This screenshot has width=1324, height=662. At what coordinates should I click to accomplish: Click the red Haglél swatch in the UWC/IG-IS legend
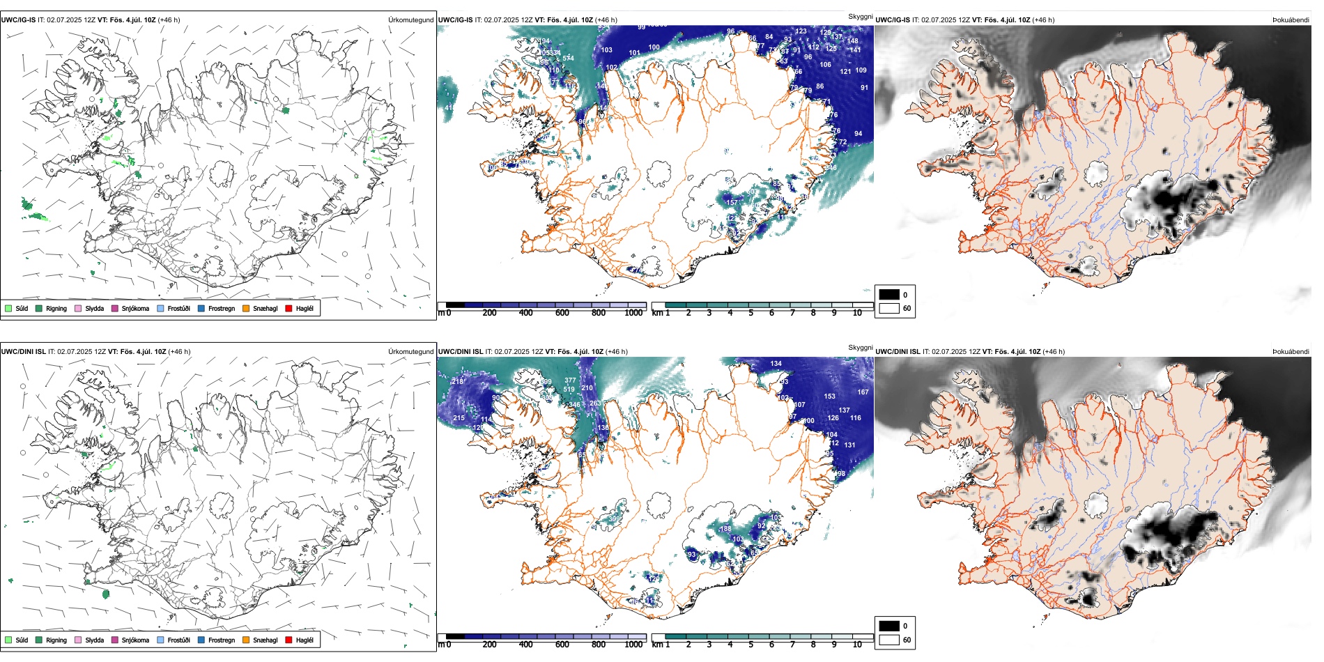click(x=289, y=308)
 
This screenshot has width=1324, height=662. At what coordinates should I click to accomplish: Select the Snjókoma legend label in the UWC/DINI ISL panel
click(x=135, y=640)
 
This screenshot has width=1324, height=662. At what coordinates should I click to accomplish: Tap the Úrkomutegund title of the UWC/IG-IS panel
click(x=410, y=20)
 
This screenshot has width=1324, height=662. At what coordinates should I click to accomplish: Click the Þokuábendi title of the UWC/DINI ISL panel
click(x=1291, y=352)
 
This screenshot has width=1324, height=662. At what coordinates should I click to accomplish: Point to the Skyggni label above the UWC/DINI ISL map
click(x=860, y=347)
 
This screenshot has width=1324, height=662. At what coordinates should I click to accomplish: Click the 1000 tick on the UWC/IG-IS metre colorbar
click(x=633, y=313)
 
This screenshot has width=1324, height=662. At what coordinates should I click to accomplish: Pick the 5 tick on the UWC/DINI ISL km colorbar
click(x=750, y=645)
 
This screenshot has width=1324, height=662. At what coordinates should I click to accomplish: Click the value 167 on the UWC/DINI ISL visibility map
click(x=863, y=392)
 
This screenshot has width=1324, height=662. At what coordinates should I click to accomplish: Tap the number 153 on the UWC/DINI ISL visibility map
click(x=829, y=397)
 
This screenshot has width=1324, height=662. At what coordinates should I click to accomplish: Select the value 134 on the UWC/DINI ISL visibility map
click(x=776, y=364)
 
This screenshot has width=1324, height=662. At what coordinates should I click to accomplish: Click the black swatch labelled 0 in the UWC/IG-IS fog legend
click(x=889, y=295)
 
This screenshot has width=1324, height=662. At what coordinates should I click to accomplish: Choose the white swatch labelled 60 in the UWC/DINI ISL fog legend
click(x=889, y=640)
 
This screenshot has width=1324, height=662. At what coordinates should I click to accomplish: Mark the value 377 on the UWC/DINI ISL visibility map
click(x=570, y=380)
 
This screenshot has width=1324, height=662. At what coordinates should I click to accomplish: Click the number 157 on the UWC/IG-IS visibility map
click(x=732, y=203)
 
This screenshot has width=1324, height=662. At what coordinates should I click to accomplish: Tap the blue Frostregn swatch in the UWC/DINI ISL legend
click(x=201, y=640)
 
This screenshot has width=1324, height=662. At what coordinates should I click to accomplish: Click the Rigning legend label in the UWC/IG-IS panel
click(x=56, y=308)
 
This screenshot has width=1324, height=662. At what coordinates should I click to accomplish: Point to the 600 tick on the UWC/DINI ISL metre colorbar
click(x=562, y=645)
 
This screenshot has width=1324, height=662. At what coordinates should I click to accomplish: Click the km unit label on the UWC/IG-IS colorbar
click(x=656, y=313)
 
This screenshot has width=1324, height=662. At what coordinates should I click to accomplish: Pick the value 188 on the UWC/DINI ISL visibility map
click(x=725, y=529)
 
